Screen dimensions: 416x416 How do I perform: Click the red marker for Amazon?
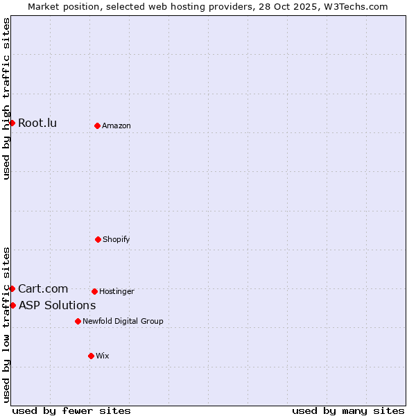(97, 125)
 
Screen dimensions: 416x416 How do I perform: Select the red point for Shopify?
(98, 239)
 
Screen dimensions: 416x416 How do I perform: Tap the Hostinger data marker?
(94, 291)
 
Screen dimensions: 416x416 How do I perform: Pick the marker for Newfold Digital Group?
(78, 321)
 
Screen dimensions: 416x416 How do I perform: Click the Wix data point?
(91, 356)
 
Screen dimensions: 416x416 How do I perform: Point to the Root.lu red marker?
(12, 123)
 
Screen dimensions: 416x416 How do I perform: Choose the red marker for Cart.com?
(12, 288)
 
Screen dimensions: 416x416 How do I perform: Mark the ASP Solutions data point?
(12, 305)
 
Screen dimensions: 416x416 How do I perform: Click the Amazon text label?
(116, 125)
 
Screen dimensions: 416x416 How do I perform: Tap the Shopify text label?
(116, 239)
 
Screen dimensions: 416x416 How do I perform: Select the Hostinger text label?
(116, 291)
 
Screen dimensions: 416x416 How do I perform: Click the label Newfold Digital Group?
(123, 321)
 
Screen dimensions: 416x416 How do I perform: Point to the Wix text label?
(103, 356)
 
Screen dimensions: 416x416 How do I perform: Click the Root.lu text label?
(37, 123)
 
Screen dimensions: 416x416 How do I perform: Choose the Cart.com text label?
(43, 288)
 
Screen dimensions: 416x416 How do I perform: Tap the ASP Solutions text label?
(57, 305)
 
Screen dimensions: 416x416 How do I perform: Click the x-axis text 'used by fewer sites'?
(71, 410)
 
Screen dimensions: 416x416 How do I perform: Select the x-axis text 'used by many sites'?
(348, 410)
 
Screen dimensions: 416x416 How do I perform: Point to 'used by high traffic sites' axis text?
(6, 98)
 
